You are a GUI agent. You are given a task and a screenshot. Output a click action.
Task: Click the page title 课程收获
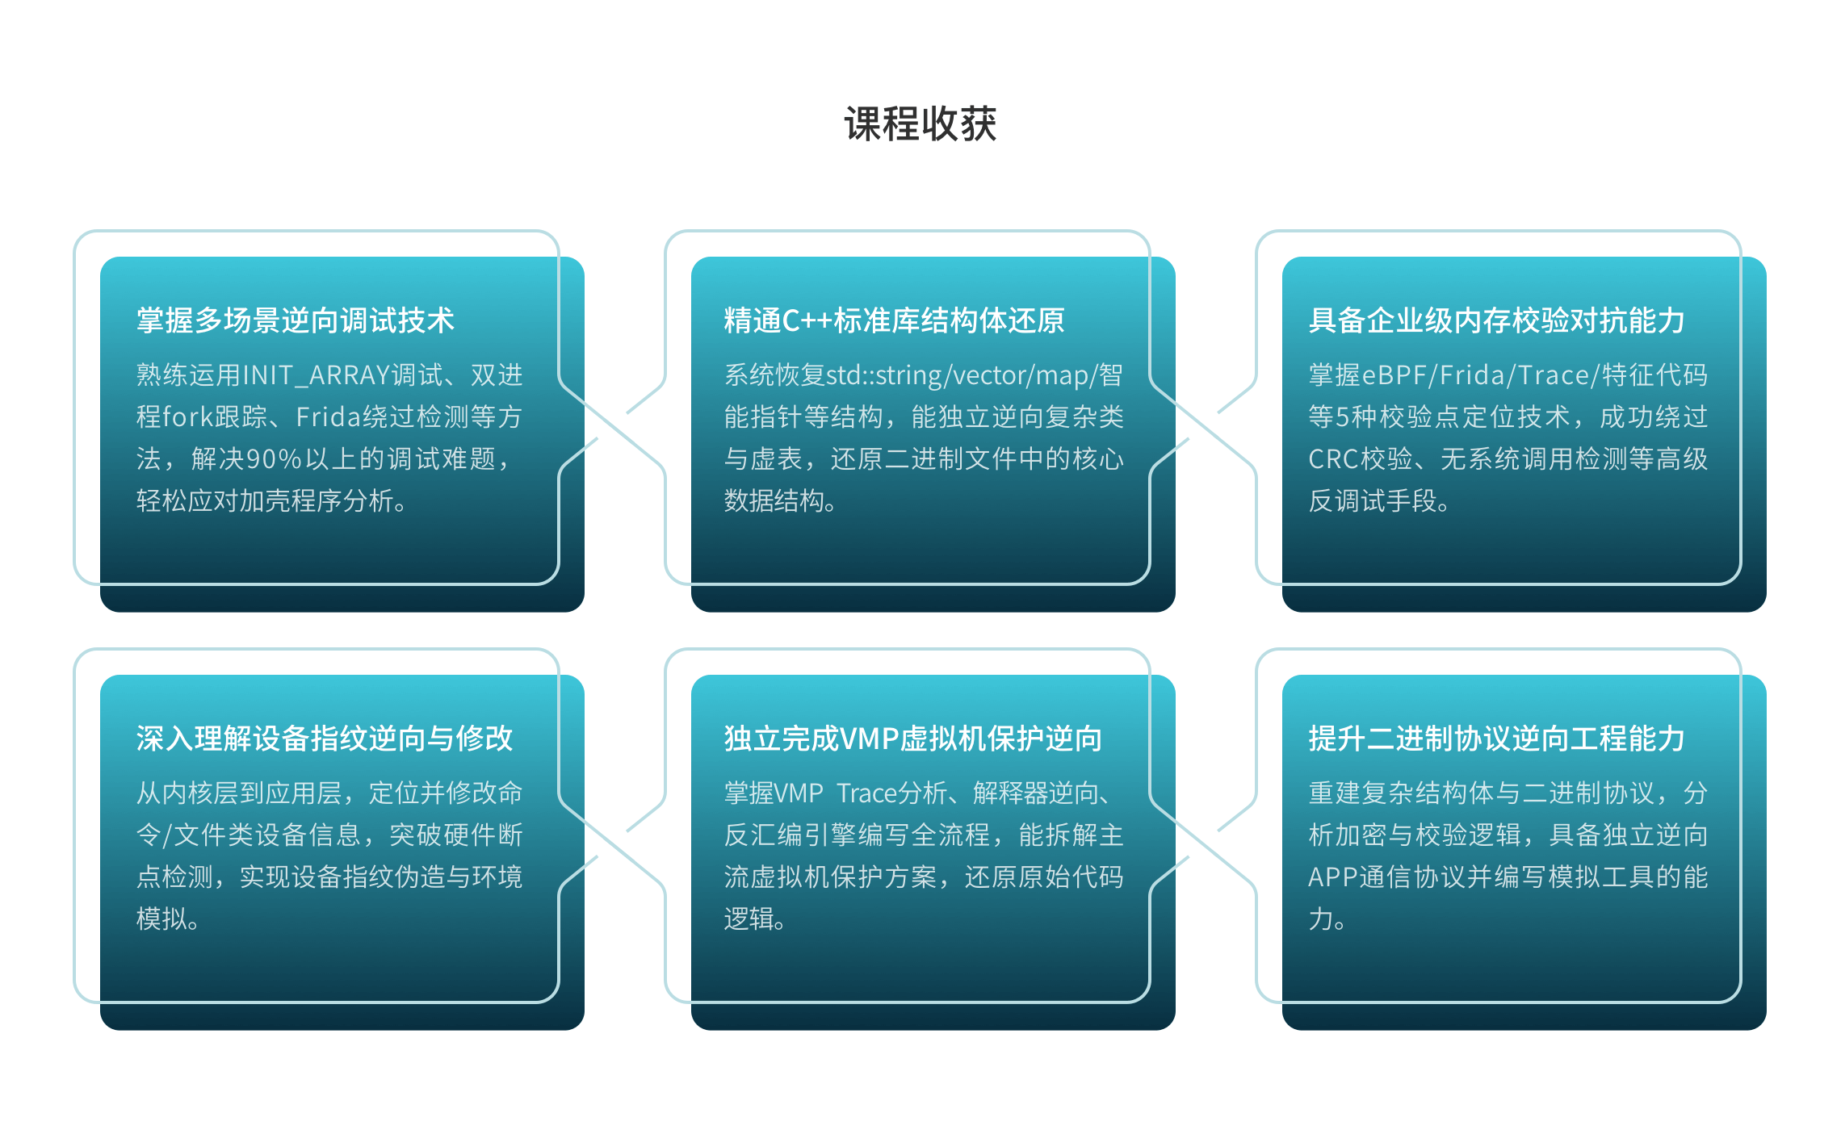[920, 124]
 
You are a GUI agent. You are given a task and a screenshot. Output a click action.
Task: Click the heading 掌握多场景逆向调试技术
[296, 320]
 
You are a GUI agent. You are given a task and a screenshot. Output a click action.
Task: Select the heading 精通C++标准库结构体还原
[895, 320]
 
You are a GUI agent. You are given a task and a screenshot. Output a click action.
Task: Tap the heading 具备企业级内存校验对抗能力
[1496, 320]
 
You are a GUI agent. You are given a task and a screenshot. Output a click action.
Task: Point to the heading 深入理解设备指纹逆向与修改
[325, 739]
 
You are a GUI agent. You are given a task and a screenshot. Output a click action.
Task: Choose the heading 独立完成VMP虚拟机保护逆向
[913, 739]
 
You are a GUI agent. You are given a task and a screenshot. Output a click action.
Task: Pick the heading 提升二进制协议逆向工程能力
[1496, 739]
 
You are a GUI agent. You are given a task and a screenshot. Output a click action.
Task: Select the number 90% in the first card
[274, 459]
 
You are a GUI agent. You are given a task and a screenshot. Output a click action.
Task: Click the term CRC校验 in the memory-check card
[1361, 459]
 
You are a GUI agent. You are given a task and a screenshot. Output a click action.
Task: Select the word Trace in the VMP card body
[867, 794]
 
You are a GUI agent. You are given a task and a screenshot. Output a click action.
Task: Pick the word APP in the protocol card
[1333, 877]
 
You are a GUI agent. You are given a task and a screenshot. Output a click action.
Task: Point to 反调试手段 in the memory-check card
[1373, 501]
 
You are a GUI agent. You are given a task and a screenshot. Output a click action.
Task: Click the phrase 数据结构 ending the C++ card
[775, 501]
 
